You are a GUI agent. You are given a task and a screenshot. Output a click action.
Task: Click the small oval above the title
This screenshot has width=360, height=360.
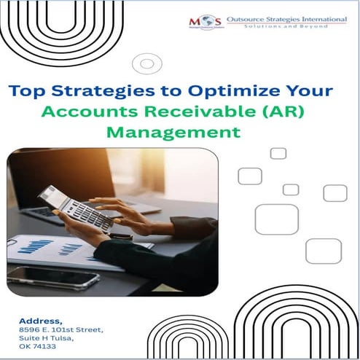[147, 63]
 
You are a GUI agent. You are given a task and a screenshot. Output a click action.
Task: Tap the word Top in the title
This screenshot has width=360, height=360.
[26, 93]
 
